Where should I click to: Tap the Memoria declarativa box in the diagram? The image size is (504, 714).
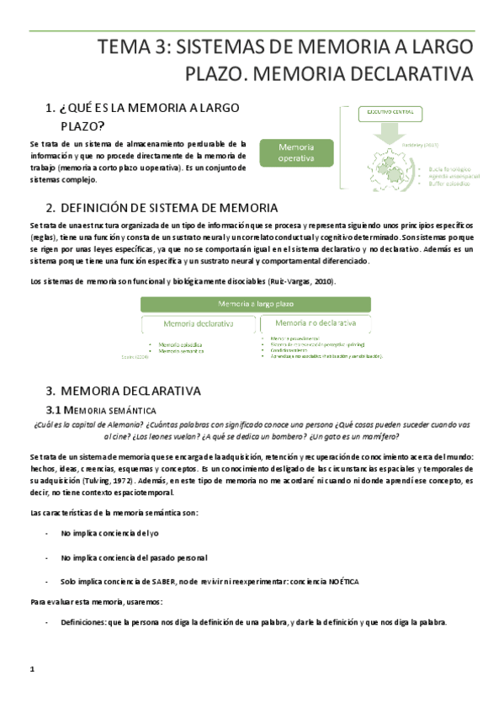[x=199, y=323]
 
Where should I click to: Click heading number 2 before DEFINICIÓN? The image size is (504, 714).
[x=50, y=208]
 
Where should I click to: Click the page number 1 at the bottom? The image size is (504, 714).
[x=31, y=669]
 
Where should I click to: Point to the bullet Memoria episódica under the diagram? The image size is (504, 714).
[x=172, y=344]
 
